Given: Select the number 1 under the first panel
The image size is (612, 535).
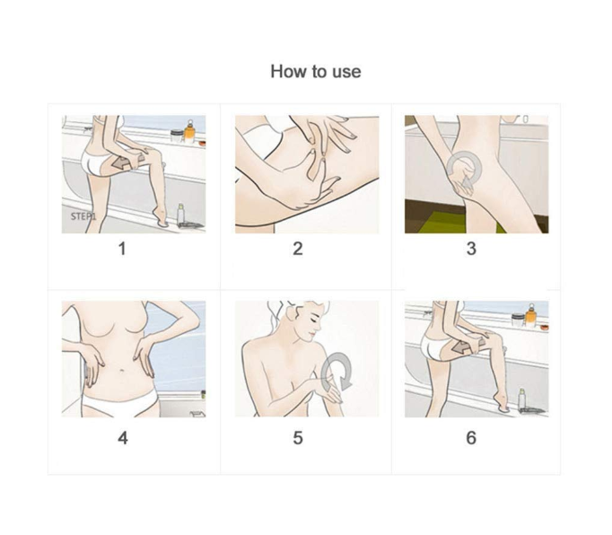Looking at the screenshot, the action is pyautogui.click(x=122, y=249).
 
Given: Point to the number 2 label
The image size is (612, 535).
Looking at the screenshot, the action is pyautogui.click(x=298, y=249).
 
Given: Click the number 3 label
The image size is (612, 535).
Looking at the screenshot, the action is pyautogui.click(x=471, y=249).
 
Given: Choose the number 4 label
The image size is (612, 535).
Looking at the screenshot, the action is pyautogui.click(x=123, y=438).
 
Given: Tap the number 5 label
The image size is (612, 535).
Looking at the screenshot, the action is pyautogui.click(x=298, y=438).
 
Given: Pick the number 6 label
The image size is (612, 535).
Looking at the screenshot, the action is pyautogui.click(x=471, y=438).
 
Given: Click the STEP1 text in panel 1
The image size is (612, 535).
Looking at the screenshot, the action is pyautogui.click(x=83, y=216).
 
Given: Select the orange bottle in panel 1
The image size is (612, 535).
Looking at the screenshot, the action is pyautogui.click(x=189, y=132).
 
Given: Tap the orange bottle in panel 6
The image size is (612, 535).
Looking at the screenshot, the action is pyautogui.click(x=531, y=316).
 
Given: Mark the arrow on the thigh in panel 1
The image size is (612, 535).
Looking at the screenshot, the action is pyautogui.click(x=122, y=162).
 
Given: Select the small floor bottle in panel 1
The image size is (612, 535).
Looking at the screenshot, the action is pyautogui.click(x=180, y=214).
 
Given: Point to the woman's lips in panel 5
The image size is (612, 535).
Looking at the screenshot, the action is pyautogui.click(x=311, y=334).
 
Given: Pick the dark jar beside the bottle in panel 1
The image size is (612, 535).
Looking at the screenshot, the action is pyautogui.click(x=177, y=136).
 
